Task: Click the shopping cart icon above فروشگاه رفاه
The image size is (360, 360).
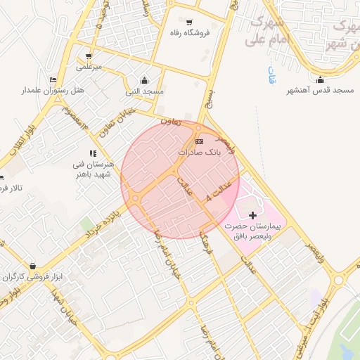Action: [190, 22]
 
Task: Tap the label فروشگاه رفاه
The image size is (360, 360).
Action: [190, 33]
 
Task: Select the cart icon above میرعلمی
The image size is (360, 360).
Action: [89, 56]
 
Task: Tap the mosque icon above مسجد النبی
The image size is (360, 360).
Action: [144, 80]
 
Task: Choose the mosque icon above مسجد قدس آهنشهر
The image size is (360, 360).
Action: [321, 79]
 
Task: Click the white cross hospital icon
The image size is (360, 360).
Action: [253, 213]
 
